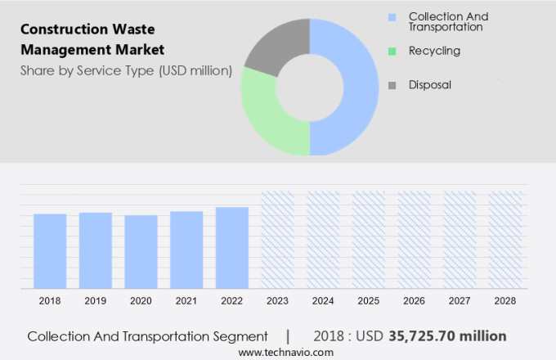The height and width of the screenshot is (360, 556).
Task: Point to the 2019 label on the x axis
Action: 96,301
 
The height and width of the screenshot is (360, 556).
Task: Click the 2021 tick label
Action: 186,301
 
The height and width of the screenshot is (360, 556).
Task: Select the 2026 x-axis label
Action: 414,301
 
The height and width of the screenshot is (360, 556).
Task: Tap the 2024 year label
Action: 323,301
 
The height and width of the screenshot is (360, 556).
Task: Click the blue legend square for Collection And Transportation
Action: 392,17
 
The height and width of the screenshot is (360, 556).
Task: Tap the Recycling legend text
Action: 434,51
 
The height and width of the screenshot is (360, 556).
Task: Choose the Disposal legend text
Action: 430,84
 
